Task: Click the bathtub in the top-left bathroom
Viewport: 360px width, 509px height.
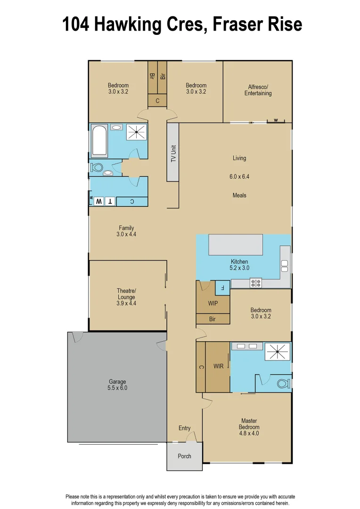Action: (99, 140)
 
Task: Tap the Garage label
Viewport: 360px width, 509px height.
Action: (117, 385)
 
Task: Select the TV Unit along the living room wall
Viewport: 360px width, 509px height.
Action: (173, 152)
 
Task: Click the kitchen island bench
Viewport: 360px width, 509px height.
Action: (236, 245)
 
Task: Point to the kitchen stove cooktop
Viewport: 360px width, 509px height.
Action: (256, 283)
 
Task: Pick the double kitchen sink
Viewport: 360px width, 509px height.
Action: (285, 266)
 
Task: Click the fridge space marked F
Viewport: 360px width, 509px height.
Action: (222, 287)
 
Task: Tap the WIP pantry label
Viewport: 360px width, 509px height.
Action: (213, 304)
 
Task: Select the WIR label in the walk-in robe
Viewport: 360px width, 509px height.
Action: (218, 366)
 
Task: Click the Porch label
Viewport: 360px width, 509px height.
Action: (184, 456)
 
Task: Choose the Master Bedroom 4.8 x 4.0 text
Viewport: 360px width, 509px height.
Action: (249, 427)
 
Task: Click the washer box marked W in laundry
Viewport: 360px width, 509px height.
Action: (99, 201)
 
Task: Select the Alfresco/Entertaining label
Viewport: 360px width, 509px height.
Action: (258, 90)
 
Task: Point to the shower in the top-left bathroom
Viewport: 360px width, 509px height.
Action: (137, 132)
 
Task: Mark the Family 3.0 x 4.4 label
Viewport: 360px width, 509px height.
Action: (126, 231)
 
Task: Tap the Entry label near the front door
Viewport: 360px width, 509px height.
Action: (184, 428)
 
